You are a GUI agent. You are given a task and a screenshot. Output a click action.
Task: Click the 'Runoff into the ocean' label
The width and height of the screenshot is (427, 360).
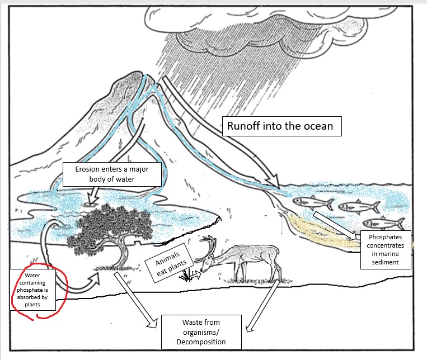[284, 126]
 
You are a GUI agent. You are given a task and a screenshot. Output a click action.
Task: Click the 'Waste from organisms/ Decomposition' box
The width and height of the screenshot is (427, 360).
[201, 332]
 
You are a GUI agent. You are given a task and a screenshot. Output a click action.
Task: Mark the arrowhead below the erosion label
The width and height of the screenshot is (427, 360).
[91, 196]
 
